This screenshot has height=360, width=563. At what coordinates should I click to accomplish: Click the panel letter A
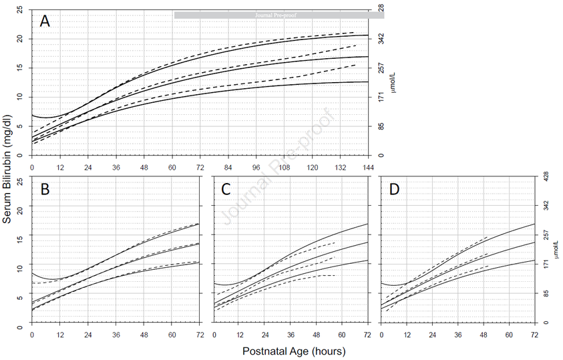[45, 21]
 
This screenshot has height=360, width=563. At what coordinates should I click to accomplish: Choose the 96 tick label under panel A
[256, 166]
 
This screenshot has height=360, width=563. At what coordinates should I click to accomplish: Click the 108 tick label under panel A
[285, 166]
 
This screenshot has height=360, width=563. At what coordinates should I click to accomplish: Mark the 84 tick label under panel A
[228, 166]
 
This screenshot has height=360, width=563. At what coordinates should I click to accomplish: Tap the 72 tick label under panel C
[367, 333]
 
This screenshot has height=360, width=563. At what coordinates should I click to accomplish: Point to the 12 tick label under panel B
[60, 333]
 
